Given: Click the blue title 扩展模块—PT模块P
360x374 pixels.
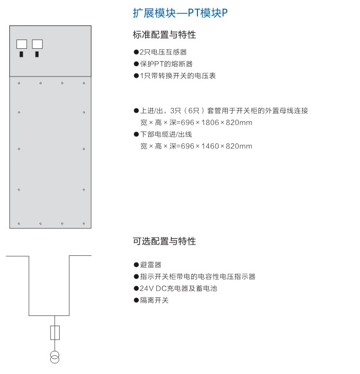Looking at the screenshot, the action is pos(180,13).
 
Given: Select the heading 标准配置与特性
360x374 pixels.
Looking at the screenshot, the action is pos(165,35).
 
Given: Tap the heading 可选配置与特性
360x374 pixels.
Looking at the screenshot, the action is pos(165,241).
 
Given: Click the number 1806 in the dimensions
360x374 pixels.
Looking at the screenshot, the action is pos(210,123).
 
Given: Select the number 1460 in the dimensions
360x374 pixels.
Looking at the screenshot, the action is pos(210,146).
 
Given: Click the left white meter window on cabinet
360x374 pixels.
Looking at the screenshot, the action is pos(22,44).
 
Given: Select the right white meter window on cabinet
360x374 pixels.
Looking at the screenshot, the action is pos(37,44).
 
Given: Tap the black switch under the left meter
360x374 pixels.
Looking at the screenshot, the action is pos(21,54).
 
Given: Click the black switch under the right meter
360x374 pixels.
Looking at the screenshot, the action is pos(37,54).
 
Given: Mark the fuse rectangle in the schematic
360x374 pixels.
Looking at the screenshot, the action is pos(55,333).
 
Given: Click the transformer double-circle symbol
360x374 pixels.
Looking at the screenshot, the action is pos(55,358).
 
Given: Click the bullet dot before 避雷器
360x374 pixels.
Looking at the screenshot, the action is pos(136,265).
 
